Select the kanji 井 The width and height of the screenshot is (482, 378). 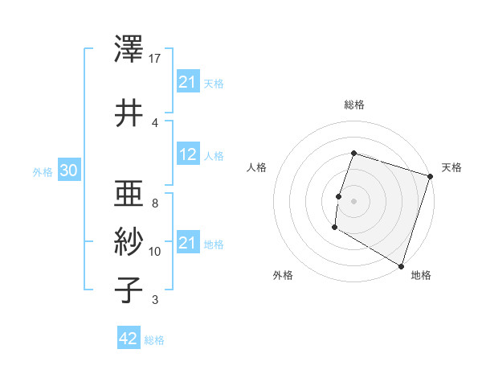point(129,113)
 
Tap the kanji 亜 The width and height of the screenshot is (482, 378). point(129,194)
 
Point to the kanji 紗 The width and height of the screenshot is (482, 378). point(129,241)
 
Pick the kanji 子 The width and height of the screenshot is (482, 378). point(129,290)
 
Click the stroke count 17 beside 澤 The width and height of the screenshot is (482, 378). point(155,59)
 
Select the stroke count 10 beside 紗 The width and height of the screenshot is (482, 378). point(155,252)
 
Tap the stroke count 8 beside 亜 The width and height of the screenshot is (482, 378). point(154,203)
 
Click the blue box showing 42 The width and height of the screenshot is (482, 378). point(128,339)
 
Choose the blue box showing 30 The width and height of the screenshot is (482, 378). point(68,171)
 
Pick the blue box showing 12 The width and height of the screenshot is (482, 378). point(188,154)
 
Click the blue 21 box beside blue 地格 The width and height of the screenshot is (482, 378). point(188,243)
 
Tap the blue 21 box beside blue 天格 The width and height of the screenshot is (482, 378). point(188,82)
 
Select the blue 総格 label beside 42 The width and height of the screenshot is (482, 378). point(154,340)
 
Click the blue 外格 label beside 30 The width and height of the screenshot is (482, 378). point(43,171)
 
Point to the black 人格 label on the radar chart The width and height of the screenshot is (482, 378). point(256,167)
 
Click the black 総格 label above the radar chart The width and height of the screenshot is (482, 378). point(353,105)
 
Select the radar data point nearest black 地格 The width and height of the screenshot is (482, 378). point(400,265)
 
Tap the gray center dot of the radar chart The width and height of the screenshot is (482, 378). point(353,201)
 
